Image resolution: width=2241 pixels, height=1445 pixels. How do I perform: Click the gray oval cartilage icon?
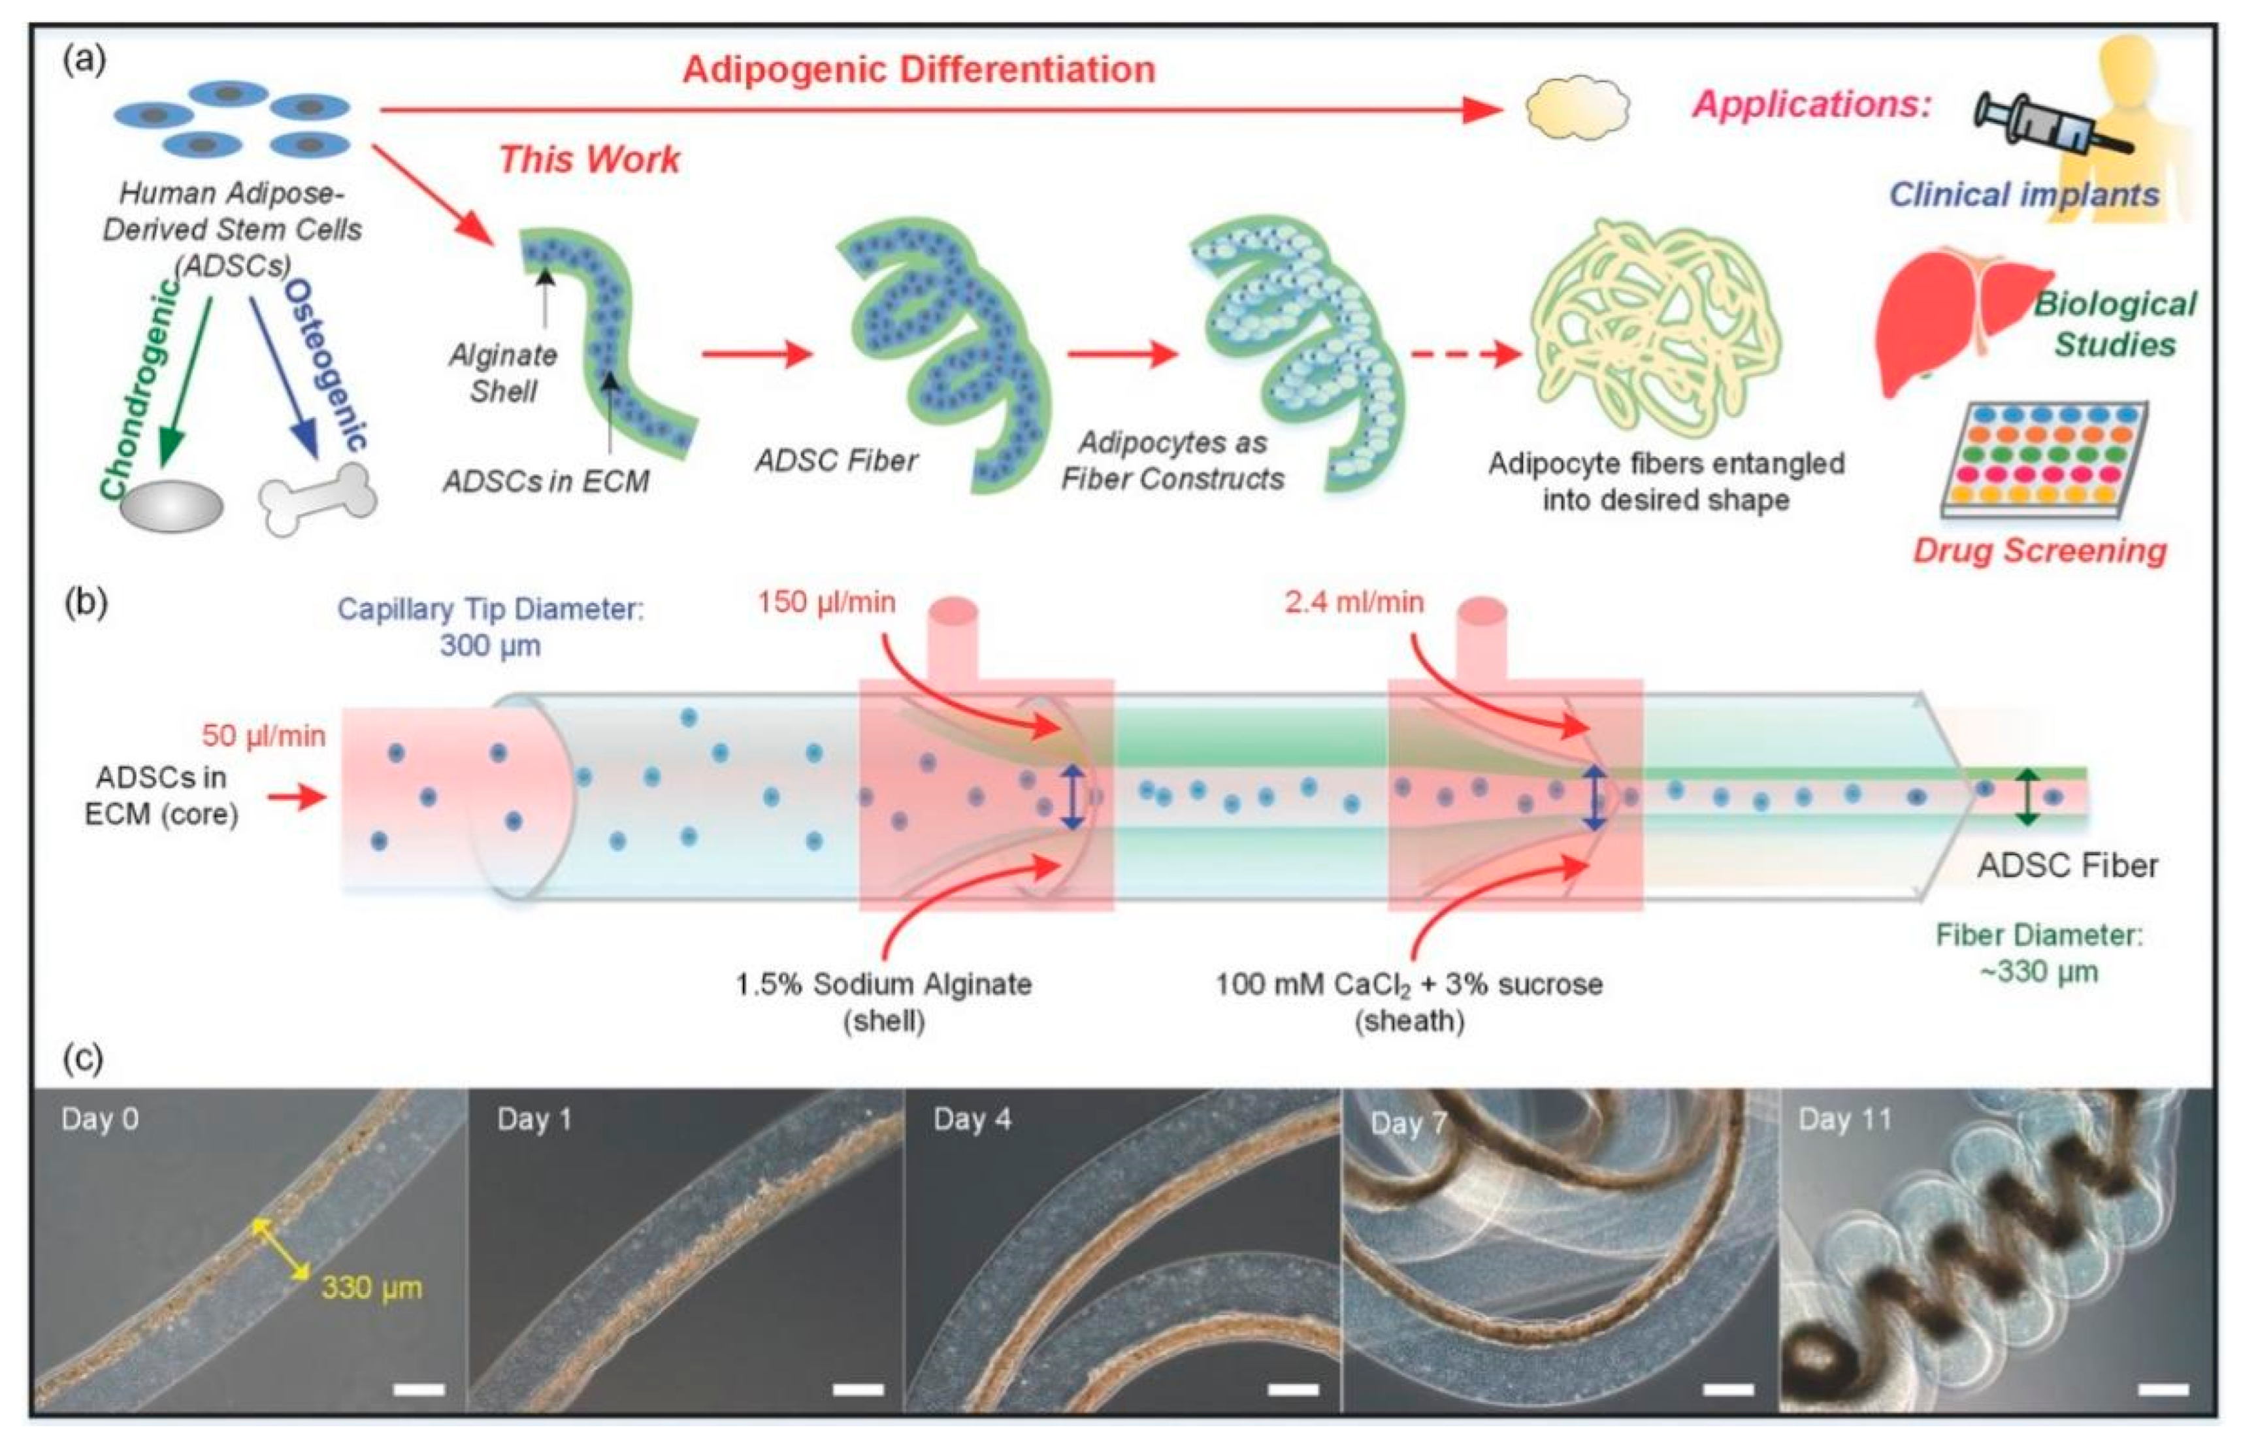point(171,508)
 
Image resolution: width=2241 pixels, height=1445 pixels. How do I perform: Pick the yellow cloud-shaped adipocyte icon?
point(1577,108)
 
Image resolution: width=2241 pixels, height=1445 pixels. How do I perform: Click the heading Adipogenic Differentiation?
point(918,69)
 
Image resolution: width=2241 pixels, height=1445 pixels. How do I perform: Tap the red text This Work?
point(589,159)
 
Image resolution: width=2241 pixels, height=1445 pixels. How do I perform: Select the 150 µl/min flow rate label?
point(826,602)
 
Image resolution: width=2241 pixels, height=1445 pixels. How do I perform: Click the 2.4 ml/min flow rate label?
point(1353,602)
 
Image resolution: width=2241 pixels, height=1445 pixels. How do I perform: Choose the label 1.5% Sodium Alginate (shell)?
point(883,1001)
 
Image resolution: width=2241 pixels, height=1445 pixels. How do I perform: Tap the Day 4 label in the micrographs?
point(972,1120)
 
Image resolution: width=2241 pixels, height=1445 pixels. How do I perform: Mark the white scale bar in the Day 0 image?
point(419,1389)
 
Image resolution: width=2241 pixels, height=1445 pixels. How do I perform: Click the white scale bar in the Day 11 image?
point(2163,1389)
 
